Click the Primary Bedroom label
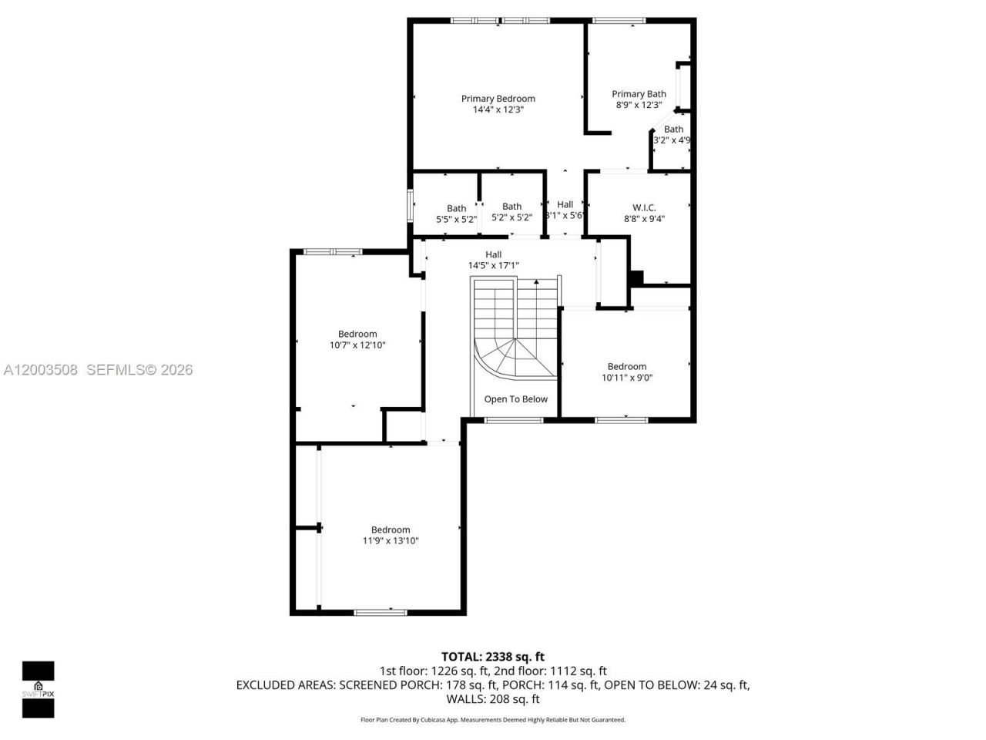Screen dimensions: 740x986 click(498, 99)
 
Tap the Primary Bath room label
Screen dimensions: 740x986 click(639, 94)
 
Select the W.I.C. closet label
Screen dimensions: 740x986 click(644, 207)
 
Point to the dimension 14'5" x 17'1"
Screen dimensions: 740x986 click(494, 266)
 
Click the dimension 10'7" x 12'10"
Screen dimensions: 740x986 click(357, 345)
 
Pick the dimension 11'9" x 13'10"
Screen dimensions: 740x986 click(391, 541)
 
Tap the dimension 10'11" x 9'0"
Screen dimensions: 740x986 click(627, 378)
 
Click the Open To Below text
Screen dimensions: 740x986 click(515, 399)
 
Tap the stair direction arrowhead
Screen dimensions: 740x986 click(536, 283)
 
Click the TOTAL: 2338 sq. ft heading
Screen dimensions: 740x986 click(493, 657)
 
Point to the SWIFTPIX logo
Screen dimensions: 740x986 click(38, 689)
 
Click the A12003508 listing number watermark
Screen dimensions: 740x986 click(40, 370)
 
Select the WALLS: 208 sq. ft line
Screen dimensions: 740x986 click(493, 699)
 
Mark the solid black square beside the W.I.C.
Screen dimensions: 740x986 click(636, 277)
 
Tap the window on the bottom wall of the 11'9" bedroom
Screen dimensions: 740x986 click(380, 612)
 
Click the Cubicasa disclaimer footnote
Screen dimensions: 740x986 click(493, 720)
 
